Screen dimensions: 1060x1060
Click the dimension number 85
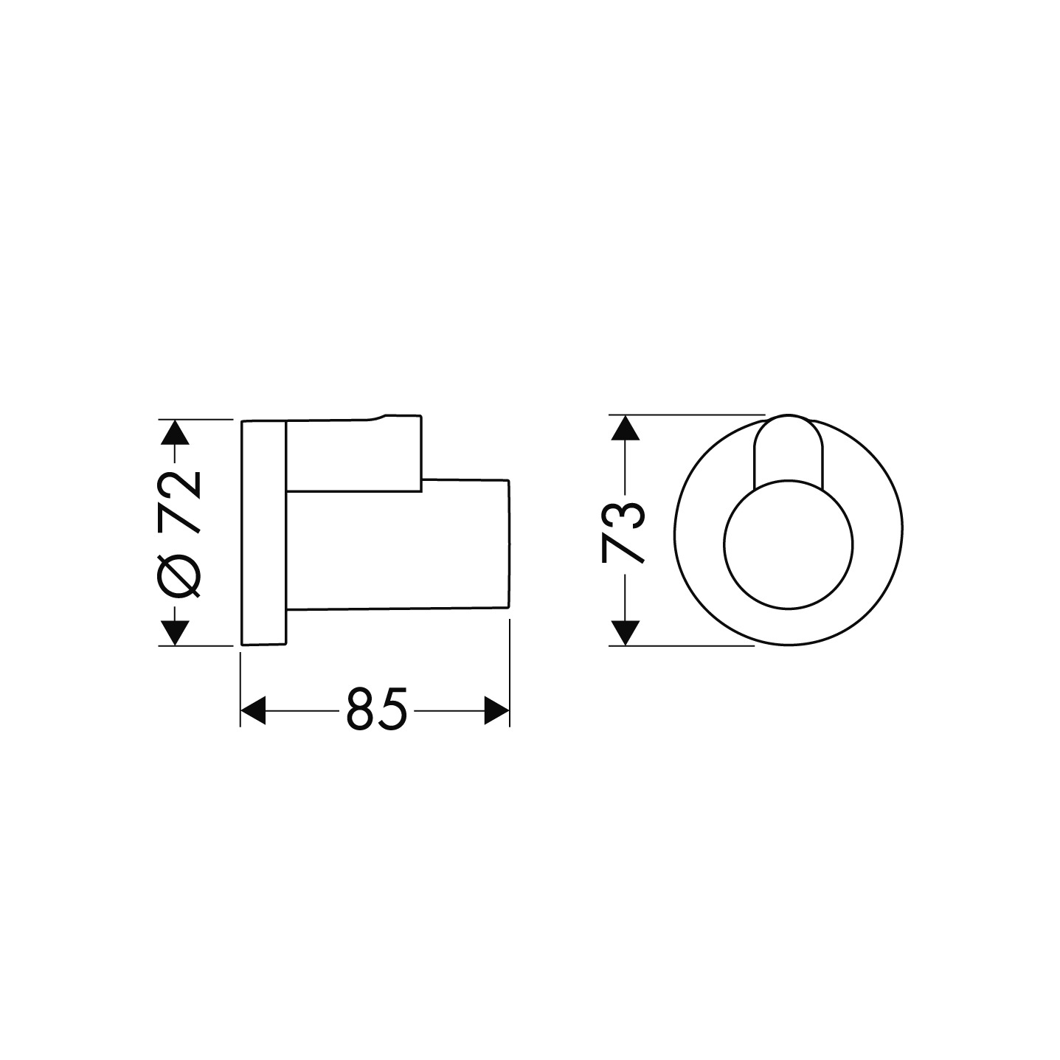[376, 710]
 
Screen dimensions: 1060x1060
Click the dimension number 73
[624, 533]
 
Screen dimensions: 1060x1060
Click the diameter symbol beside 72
[178, 577]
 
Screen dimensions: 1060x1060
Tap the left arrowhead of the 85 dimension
[253, 710]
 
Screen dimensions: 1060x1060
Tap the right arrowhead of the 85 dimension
[496, 710]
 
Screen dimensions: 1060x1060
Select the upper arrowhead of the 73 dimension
[625, 429]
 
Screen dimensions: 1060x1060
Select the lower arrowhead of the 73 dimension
[625, 633]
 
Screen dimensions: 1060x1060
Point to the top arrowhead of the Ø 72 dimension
[176, 432]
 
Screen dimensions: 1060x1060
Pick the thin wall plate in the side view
[263, 533]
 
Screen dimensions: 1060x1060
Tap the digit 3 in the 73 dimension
[624, 516]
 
